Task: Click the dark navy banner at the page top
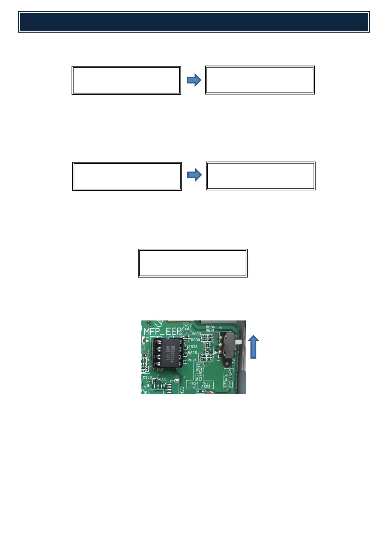pos(194,22)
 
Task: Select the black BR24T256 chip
pos(168,352)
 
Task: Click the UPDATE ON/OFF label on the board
pos(228,378)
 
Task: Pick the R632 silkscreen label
pos(187,325)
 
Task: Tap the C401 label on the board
pos(187,329)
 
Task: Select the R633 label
pos(196,334)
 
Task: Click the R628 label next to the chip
pos(193,347)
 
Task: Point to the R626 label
pos(193,353)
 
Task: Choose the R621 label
pos(192,360)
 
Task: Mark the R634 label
pos(210,327)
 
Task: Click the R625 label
pos(206,383)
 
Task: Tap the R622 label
pos(194,387)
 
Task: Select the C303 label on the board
pos(147,378)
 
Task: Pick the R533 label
pos(161,380)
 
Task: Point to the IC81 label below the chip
pos(161,370)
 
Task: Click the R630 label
pos(195,340)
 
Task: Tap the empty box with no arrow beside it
pos(193,263)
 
